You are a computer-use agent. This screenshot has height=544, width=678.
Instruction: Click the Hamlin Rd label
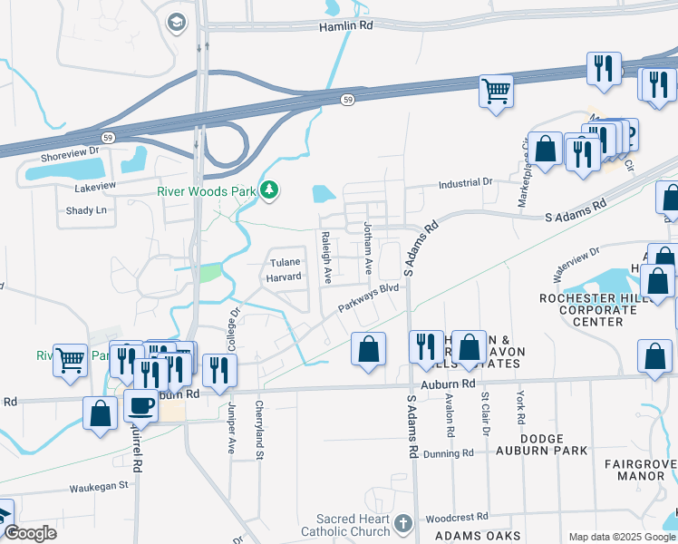346,27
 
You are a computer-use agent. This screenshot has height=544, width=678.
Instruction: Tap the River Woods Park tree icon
269,190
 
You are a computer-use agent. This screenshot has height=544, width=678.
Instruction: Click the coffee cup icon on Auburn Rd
140,405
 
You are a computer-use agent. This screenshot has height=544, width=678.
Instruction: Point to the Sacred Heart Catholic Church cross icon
404,523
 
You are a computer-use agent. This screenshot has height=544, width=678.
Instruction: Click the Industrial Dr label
465,183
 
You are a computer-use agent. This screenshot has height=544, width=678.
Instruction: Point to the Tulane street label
285,263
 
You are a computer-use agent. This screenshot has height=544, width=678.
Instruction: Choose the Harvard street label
285,277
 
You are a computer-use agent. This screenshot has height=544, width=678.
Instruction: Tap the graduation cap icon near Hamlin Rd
176,22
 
